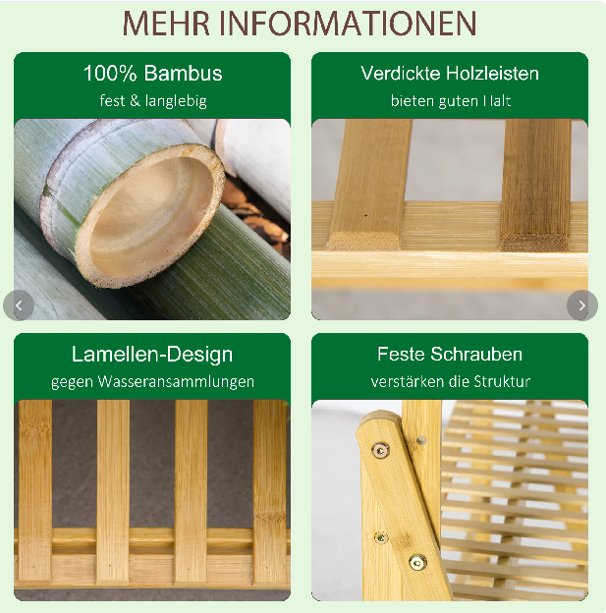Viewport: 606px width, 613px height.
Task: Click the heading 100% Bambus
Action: point(153,73)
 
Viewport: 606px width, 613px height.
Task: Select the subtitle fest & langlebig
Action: point(153,101)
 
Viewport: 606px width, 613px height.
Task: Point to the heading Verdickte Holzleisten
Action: point(450,73)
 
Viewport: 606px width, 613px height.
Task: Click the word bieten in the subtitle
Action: point(413,101)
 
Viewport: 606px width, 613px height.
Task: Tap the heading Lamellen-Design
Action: point(152,355)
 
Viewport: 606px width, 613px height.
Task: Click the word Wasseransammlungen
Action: point(176,381)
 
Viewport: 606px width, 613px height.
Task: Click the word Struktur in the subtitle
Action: point(502,381)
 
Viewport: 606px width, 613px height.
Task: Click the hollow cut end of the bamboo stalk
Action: point(151,216)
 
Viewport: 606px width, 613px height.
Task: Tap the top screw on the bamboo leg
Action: point(380,450)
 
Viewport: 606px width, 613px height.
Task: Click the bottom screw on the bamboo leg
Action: point(417,563)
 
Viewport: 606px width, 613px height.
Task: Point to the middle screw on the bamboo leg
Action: point(381,537)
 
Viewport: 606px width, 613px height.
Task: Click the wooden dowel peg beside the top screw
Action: point(420,440)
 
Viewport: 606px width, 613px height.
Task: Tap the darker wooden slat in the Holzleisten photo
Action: point(535,185)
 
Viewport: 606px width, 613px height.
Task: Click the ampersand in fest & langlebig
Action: point(135,101)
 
